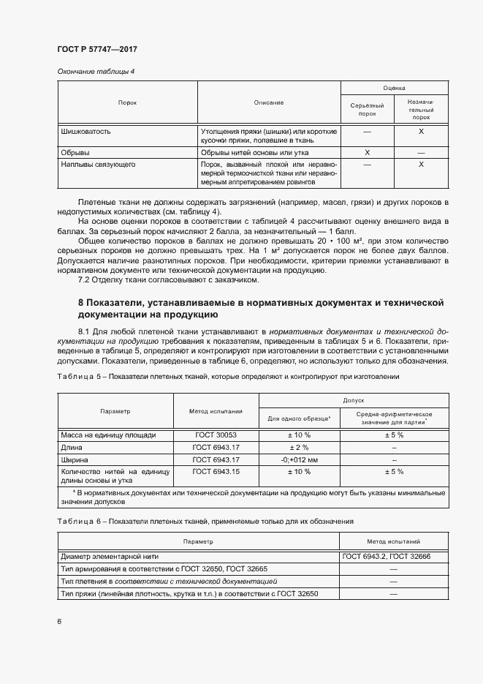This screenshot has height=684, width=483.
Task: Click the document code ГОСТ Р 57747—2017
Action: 96,49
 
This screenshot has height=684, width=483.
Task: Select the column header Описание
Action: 269,102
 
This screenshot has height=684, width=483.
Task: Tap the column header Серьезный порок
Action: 368,110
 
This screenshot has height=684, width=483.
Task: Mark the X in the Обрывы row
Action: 368,153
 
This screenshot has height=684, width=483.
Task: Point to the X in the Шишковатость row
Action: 421,132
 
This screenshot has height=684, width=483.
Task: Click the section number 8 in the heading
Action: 81,303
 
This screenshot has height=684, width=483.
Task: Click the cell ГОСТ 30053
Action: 216,435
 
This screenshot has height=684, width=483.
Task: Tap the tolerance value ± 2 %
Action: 300,447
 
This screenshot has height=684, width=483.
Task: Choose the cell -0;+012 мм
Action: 300,459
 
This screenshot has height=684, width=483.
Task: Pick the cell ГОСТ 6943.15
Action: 216,472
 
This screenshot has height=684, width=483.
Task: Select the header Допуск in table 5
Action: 353,401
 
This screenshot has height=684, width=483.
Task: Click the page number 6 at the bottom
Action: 59,621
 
